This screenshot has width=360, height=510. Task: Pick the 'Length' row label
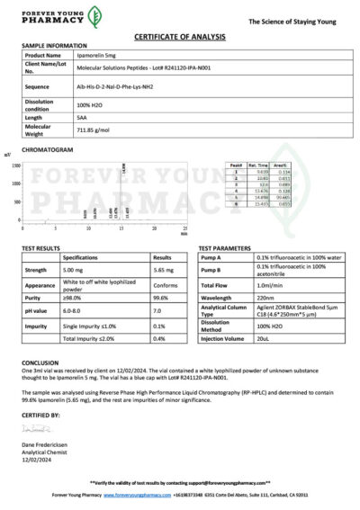tap(33, 117)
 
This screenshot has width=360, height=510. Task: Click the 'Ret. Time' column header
tap(262, 165)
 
